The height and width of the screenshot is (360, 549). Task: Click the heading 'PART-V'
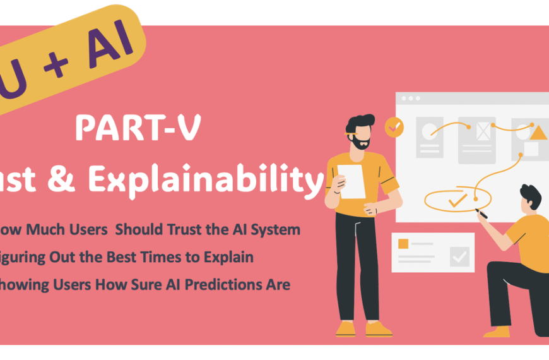tap(138, 128)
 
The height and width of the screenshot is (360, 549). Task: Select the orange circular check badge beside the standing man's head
tap(394, 128)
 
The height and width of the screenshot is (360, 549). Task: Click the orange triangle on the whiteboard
tap(538, 133)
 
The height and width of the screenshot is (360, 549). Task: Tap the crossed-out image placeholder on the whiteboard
tap(483, 131)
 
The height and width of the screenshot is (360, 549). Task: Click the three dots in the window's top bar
tap(410, 99)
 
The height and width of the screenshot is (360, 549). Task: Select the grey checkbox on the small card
tap(460, 256)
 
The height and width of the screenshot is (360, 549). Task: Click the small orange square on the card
tap(403, 244)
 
